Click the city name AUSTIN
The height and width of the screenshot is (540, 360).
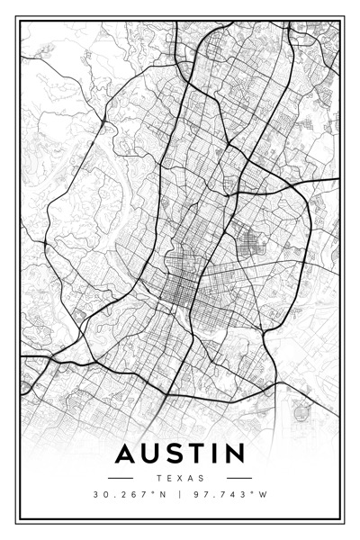point(180,453)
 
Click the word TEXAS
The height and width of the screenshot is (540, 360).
point(180,478)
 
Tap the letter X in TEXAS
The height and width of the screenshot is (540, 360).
point(180,478)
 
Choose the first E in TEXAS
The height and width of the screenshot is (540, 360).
point(167,478)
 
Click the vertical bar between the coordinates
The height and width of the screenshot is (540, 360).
point(180,494)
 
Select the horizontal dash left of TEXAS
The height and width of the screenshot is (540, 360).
point(121,478)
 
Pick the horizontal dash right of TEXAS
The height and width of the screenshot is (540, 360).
point(239,478)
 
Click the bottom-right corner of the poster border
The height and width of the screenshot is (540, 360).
point(342,522)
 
